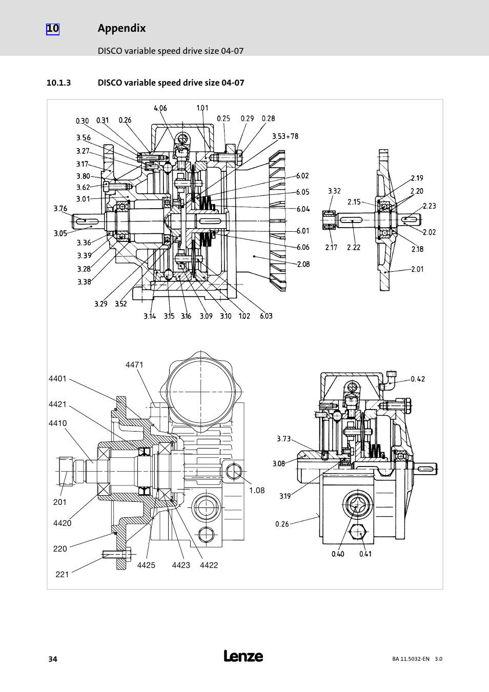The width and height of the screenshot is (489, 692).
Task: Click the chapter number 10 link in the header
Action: [53, 29]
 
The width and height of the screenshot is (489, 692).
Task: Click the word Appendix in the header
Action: [121, 28]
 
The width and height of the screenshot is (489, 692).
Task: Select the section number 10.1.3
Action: [58, 83]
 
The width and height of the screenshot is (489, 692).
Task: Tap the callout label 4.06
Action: [160, 108]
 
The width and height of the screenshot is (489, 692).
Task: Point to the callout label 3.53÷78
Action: [285, 136]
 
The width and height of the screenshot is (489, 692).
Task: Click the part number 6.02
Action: [303, 176]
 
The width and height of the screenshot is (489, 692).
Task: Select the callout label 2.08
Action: [303, 264]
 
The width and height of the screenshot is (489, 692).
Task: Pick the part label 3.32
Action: [334, 191]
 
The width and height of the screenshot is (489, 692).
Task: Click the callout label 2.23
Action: [429, 206]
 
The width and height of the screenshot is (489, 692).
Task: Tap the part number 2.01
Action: [417, 269]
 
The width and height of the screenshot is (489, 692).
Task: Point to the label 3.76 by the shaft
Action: [60, 208]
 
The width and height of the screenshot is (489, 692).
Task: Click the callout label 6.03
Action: [266, 316]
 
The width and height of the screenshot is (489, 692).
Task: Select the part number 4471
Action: [134, 365]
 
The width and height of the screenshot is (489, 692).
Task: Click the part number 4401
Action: [57, 379]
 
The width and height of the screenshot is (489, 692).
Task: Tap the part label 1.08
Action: [257, 491]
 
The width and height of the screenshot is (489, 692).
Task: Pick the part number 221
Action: [62, 575]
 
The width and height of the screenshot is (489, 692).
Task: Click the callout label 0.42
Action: [418, 379]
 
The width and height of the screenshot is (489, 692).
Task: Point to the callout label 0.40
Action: [338, 554]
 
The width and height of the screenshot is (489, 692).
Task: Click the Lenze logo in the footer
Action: [243, 656]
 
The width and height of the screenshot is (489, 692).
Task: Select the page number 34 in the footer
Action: [52, 659]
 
